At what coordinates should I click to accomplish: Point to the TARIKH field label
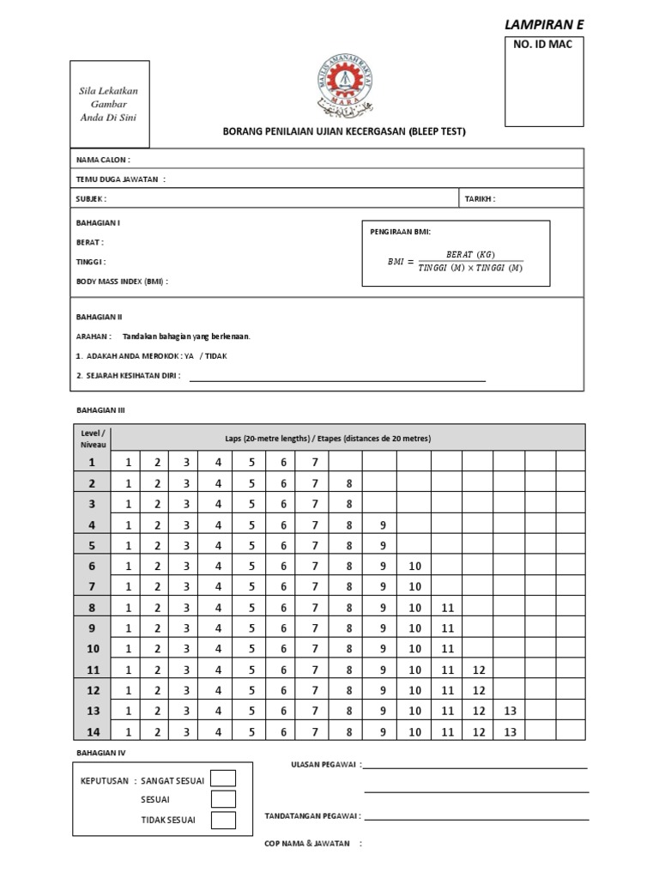480,198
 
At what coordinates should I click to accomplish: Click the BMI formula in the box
455,261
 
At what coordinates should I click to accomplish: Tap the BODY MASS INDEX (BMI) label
122,281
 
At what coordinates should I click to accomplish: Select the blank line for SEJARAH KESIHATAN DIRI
336,379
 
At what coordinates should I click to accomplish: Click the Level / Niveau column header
92,439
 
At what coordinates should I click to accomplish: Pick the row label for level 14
93,732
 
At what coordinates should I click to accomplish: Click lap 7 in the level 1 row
315,463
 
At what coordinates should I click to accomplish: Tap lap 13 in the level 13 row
510,711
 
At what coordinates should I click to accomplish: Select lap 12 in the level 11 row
479,670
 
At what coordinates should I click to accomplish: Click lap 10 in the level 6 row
414,566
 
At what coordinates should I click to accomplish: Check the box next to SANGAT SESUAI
223,779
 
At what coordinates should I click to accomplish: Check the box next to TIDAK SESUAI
223,820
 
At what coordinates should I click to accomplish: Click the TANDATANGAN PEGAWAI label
312,816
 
